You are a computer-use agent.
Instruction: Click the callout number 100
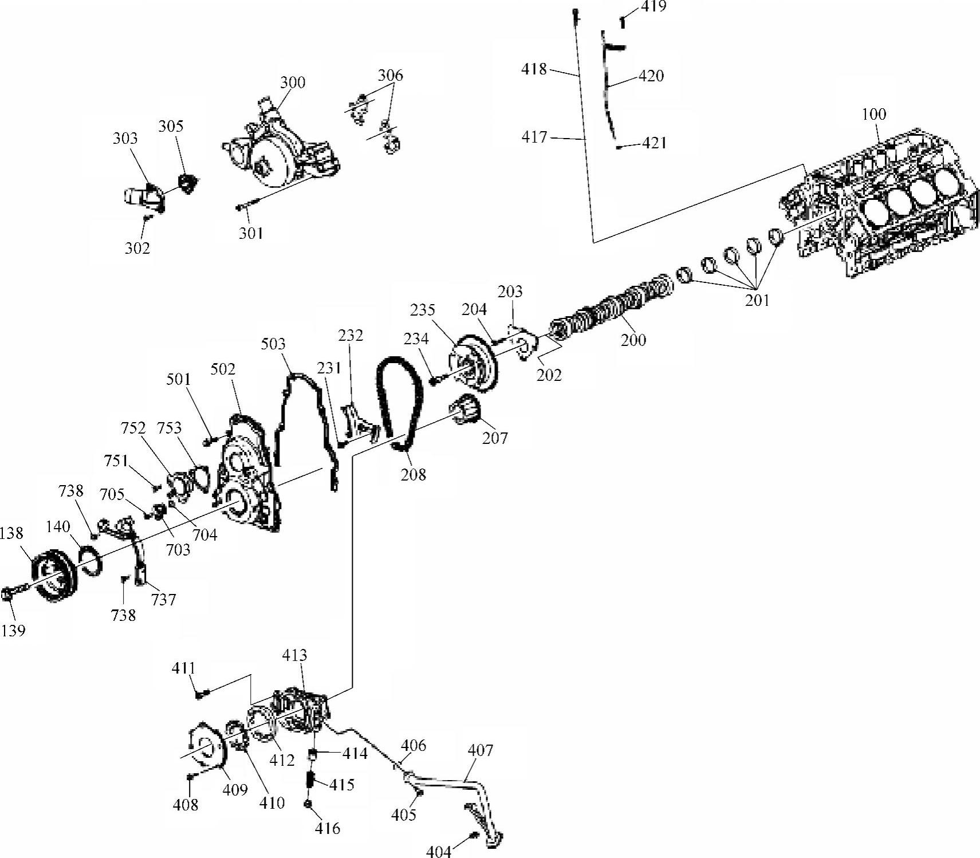tap(873, 114)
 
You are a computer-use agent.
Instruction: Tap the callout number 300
tap(292, 82)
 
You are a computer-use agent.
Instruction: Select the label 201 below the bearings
tap(757, 300)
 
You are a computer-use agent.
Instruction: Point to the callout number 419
tap(654, 7)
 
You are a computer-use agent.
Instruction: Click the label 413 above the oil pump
tap(294, 655)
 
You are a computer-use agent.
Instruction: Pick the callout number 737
tap(163, 600)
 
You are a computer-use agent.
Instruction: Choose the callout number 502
tap(223, 369)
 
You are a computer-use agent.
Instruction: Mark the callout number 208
tap(414, 474)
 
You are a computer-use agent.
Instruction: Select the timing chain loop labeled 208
tap(400, 401)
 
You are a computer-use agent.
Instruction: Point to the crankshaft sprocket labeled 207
tap(468, 410)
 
